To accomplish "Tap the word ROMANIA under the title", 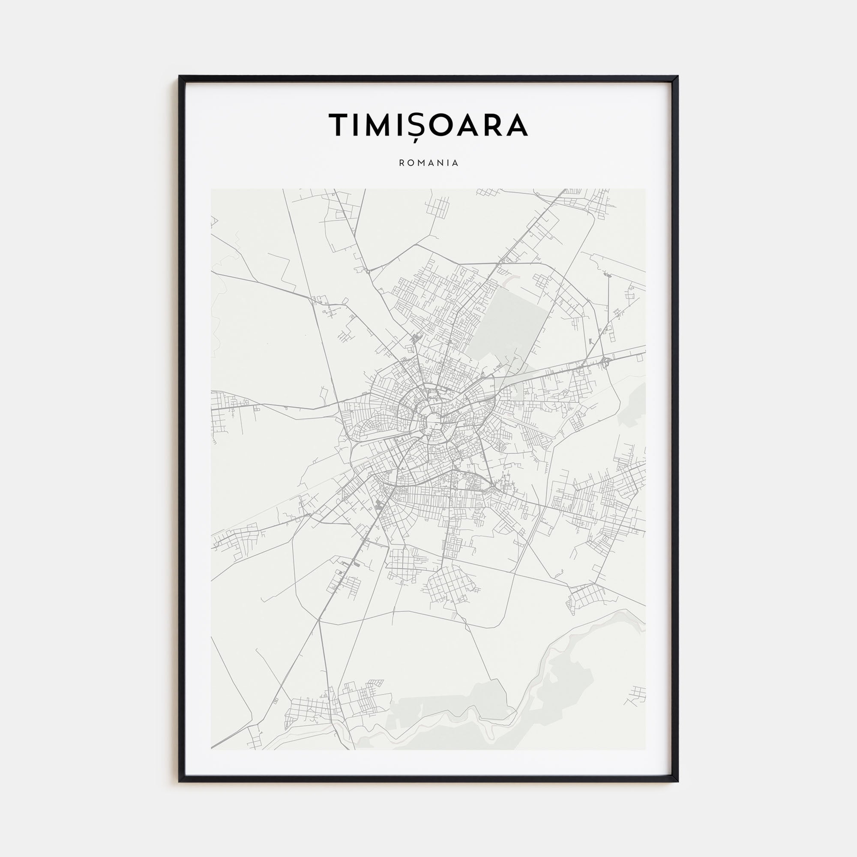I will pos(428,163).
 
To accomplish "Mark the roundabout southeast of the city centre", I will pos(493,488).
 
